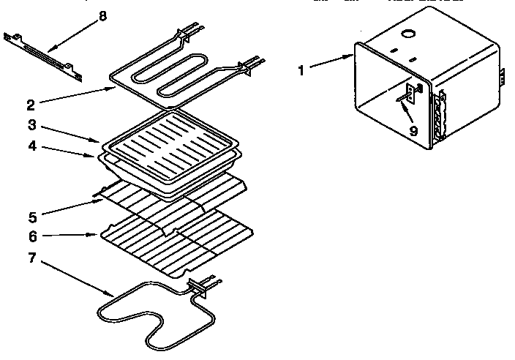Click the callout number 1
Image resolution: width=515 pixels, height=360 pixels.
click(301, 70)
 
